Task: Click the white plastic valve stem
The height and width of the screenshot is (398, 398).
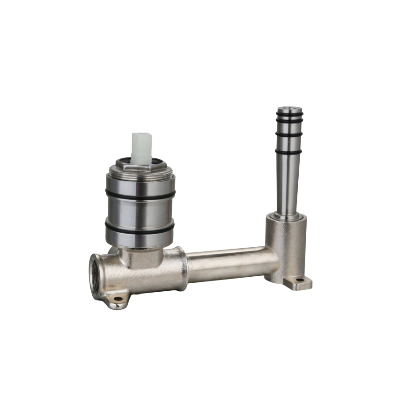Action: tap(142, 145)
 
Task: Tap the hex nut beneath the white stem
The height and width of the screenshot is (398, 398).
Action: tap(140, 166)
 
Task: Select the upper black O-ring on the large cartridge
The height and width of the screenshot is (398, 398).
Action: tap(140, 196)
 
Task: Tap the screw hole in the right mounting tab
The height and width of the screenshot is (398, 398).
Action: tap(298, 281)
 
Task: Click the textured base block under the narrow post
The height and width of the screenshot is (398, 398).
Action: tap(286, 246)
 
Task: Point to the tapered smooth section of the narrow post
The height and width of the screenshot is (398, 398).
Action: tap(288, 178)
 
